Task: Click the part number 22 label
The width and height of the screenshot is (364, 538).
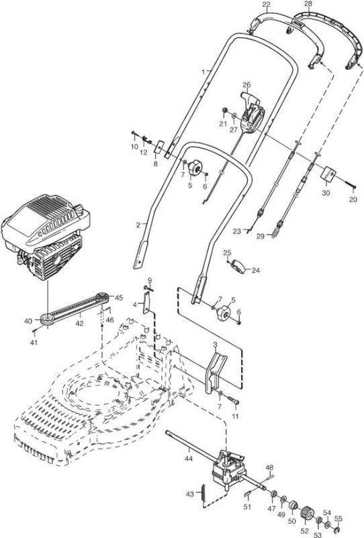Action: (266, 5)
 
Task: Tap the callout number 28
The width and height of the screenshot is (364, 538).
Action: (308, 4)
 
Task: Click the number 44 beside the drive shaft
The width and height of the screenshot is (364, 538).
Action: (189, 459)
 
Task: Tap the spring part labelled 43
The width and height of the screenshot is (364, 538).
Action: (203, 494)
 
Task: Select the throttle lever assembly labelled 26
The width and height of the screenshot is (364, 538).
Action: (252, 113)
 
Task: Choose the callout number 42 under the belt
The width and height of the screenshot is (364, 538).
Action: (79, 323)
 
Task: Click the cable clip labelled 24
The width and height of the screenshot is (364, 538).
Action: (240, 266)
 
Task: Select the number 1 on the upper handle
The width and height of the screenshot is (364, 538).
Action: (203, 72)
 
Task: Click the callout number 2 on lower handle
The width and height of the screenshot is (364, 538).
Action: (138, 225)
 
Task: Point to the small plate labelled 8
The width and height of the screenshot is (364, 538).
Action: (159, 148)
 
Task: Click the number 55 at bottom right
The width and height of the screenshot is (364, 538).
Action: (338, 518)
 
